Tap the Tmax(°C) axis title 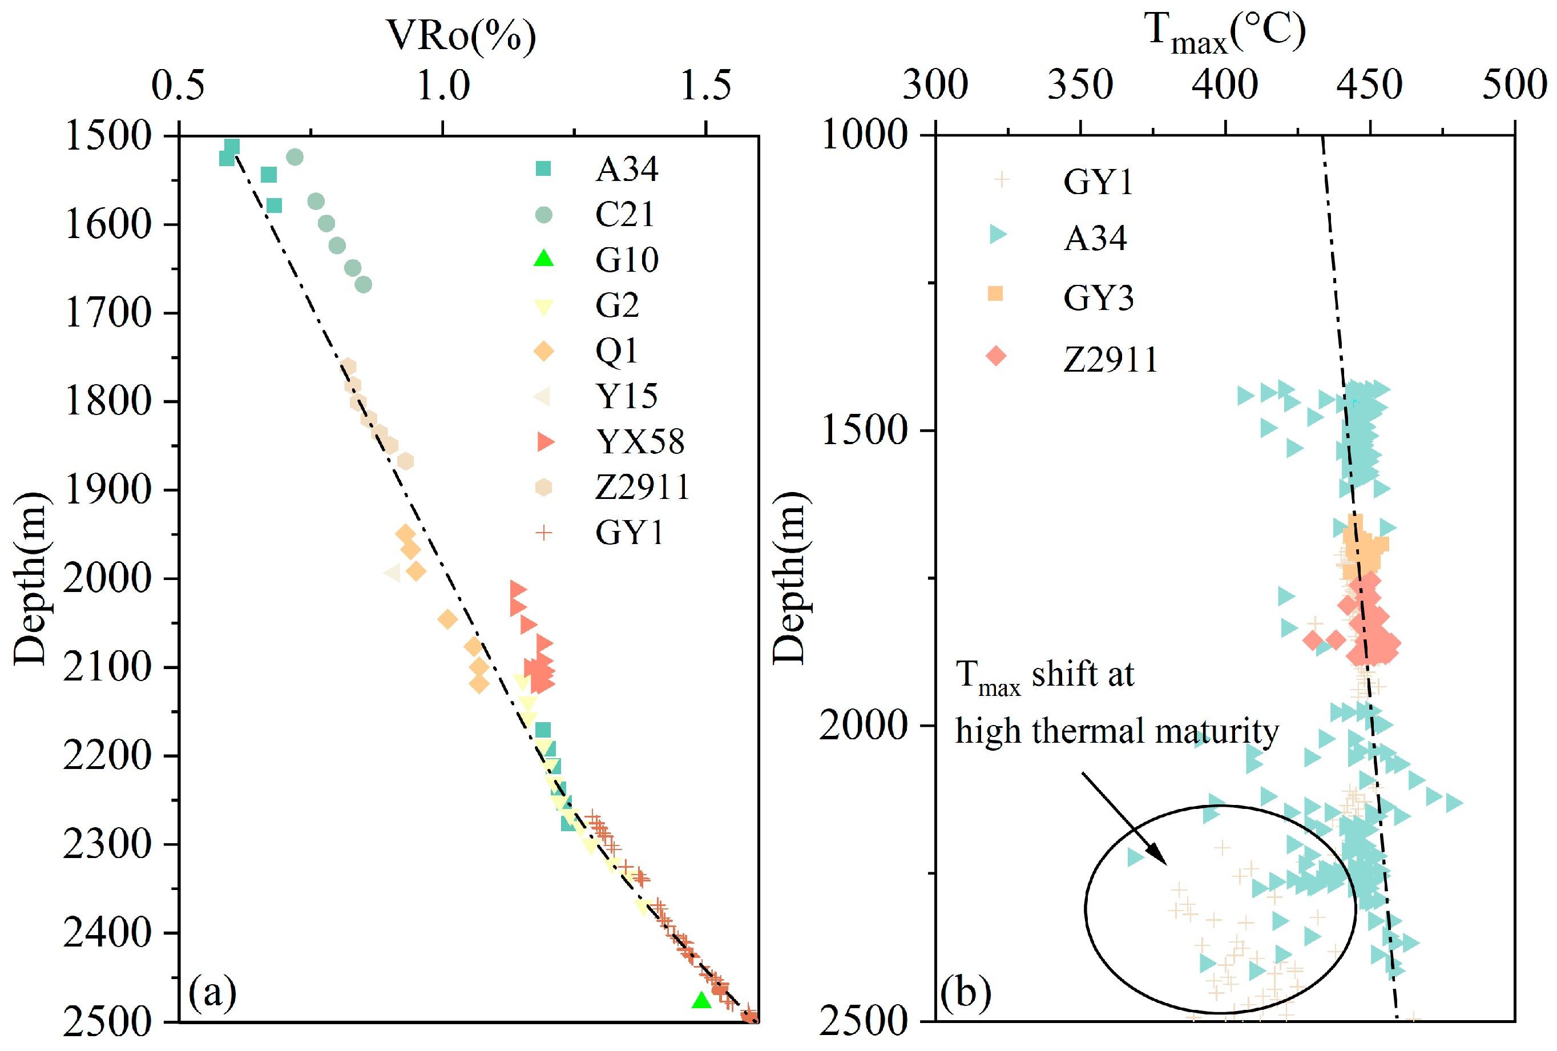click(x=1225, y=34)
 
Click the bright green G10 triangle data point click(x=701, y=1001)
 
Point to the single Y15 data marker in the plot click(x=392, y=573)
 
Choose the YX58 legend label click(x=640, y=442)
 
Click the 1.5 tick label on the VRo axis click(x=705, y=86)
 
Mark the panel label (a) click(x=212, y=993)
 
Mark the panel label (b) click(x=966, y=993)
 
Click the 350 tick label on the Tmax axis click(x=1080, y=86)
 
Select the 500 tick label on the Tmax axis click(x=1515, y=86)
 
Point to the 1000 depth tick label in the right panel click(x=865, y=135)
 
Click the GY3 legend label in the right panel click(x=1099, y=297)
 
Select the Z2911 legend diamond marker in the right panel click(x=996, y=356)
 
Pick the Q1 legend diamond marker click(x=543, y=351)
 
